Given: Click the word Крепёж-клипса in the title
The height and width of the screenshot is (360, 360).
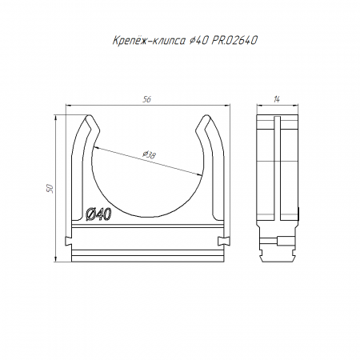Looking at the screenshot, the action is [x=149, y=41].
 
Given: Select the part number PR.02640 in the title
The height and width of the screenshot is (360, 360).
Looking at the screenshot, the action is [x=234, y=41].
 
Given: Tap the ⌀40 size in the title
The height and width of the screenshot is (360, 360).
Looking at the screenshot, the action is [x=198, y=41].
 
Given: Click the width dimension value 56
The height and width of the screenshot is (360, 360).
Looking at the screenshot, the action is [x=146, y=99].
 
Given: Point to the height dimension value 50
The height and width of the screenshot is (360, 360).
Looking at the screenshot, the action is [x=50, y=188].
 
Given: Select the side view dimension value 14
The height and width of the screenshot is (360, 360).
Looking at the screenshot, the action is [x=277, y=99].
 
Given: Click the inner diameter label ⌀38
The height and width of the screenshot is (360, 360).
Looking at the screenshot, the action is [x=149, y=154].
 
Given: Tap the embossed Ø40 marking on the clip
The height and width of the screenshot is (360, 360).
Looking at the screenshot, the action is [x=98, y=214].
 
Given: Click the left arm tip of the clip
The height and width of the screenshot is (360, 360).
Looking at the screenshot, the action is [x=89, y=117].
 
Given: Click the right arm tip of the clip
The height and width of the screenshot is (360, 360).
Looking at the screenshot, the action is [x=206, y=117].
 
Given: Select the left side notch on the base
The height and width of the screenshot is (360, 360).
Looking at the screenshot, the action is [x=69, y=241].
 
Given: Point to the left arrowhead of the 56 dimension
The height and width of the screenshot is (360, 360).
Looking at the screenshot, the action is [x=69, y=106].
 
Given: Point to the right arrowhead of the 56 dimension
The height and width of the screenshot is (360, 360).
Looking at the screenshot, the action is [x=227, y=106].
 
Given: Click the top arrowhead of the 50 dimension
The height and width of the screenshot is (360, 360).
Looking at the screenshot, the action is [x=56, y=118].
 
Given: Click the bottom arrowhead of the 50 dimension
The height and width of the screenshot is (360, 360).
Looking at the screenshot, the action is [x=56, y=258].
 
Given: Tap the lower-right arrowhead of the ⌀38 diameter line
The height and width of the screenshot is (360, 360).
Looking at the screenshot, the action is [x=200, y=174].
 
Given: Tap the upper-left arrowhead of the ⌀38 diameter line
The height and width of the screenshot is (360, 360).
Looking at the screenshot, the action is [x=96, y=147].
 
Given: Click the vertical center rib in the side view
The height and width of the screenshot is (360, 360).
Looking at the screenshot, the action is [x=278, y=169].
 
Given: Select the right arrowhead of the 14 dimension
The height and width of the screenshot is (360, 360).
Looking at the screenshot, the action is [x=295, y=106].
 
